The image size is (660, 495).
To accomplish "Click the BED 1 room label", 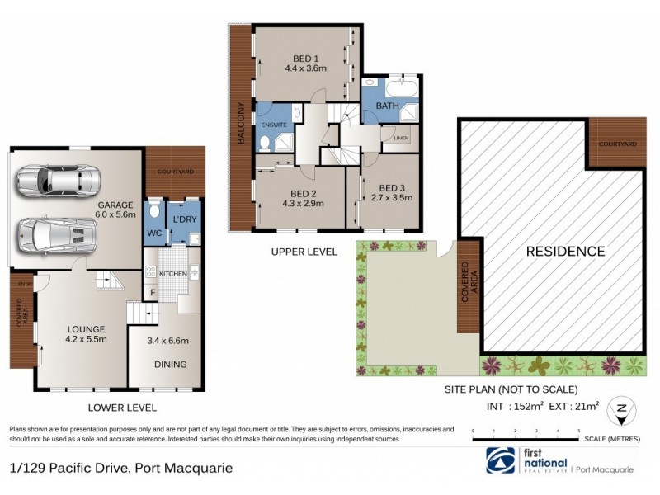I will (305, 58).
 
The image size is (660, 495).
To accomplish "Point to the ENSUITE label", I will (274, 125).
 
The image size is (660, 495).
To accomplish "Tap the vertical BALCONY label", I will (241, 124).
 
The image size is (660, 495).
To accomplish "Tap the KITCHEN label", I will (172, 273).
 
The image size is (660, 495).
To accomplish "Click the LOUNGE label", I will (87, 327).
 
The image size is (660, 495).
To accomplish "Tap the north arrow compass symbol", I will (620, 410).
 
